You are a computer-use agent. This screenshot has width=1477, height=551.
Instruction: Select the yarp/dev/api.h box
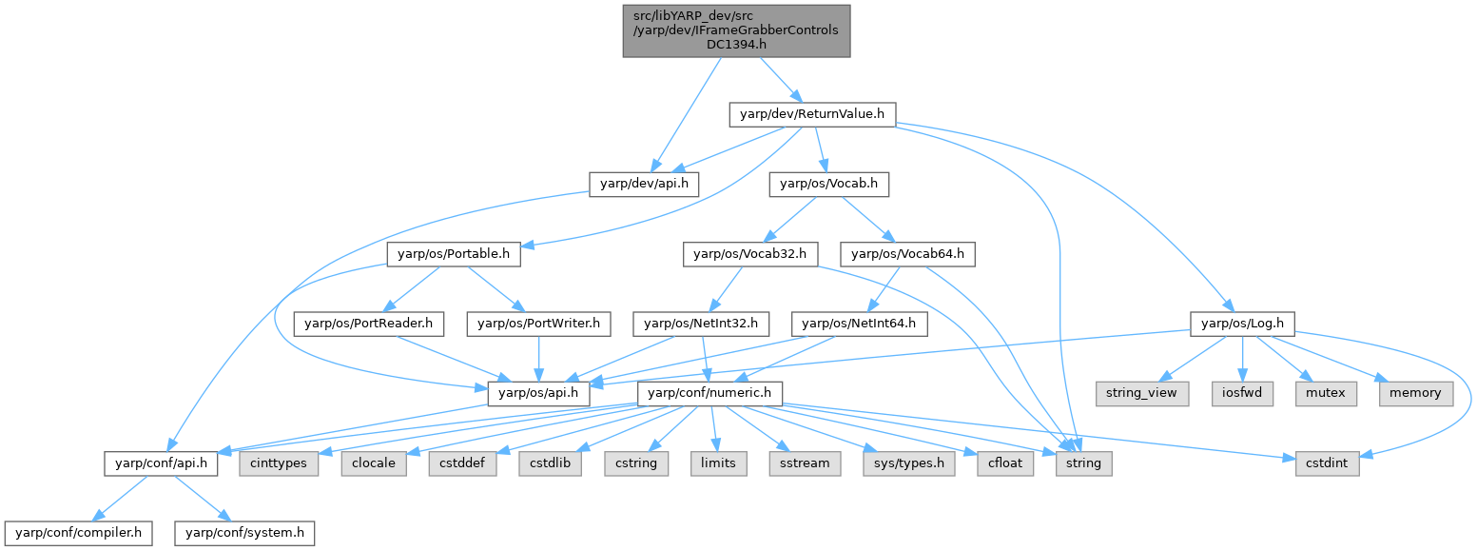pyautogui.click(x=644, y=184)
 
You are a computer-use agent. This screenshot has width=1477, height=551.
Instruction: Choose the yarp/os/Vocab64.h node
pyautogui.click(x=907, y=254)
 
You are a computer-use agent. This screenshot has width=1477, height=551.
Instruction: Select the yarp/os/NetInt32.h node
pyautogui.click(x=701, y=324)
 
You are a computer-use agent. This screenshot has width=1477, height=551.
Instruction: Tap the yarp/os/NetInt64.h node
pyautogui.click(x=860, y=324)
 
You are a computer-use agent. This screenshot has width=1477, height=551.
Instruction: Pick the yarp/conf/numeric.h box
pyautogui.click(x=714, y=393)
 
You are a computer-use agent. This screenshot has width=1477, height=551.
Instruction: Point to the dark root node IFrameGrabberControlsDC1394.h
pyautogui.click(x=736, y=30)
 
